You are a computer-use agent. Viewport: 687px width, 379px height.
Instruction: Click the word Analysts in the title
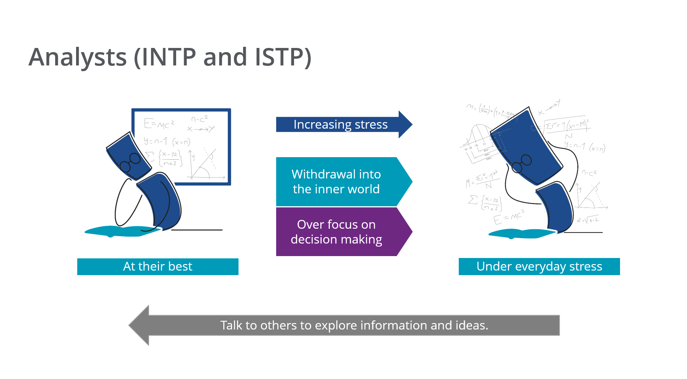[78, 57]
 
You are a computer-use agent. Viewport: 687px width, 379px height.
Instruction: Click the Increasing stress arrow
[340, 124]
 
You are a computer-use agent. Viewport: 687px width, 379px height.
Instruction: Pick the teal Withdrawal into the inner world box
[336, 182]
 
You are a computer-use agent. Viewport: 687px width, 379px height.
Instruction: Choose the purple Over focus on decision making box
[336, 232]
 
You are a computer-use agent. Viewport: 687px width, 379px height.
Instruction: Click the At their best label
[157, 266]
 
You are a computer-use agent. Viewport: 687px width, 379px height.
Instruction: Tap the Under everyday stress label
[539, 266]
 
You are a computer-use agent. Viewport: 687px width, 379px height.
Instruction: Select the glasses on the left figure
[130, 162]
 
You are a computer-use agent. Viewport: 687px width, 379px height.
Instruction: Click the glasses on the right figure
[522, 164]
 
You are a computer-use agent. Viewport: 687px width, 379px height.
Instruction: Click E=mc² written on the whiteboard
[159, 124]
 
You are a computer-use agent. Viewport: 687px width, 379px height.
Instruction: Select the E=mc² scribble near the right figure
[509, 217]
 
